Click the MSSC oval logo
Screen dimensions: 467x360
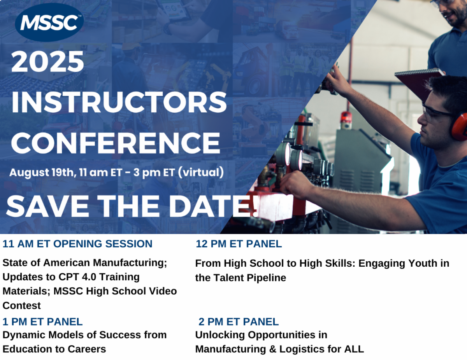coord(49,22)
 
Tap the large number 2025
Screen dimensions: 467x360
coord(47,61)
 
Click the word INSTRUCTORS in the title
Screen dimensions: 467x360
coord(119,102)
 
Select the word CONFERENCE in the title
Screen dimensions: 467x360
coord(116,143)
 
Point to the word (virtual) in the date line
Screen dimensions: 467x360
coord(201,173)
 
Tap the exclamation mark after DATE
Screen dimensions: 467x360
coord(255,206)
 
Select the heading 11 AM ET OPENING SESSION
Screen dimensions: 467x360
coord(77,244)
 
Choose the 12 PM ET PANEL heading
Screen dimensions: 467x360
coord(239,244)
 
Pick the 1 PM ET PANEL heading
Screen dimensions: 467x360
coord(42,322)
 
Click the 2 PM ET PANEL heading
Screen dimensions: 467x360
coord(239,322)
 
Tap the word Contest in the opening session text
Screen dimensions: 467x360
coord(21,306)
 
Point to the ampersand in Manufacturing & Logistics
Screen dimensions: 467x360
coord(272,349)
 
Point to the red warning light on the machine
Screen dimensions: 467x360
coord(345,117)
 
